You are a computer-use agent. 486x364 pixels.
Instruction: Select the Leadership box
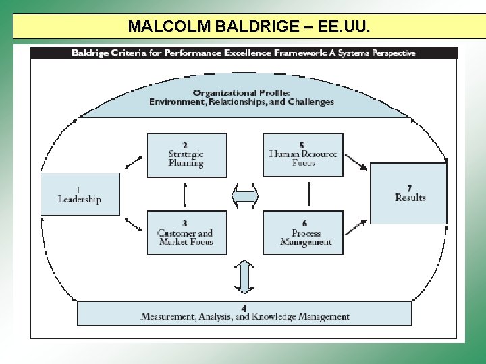pyautogui.click(x=80, y=194)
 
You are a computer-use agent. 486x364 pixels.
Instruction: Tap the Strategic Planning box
pyautogui.click(x=186, y=155)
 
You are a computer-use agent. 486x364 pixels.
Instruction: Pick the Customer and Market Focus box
pyautogui.click(x=186, y=233)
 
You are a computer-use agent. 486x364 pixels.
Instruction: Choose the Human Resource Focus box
pyautogui.click(x=303, y=154)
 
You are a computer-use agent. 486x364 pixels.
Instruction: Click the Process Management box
pyautogui.click(x=303, y=233)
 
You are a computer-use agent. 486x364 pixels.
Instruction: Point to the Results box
pyautogui.click(x=409, y=193)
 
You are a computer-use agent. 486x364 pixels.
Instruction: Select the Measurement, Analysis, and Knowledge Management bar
pyautogui.click(x=244, y=313)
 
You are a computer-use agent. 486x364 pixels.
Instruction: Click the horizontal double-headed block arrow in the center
pyautogui.click(x=245, y=196)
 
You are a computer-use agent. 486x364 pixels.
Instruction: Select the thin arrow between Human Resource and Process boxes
pyautogui.click(x=308, y=194)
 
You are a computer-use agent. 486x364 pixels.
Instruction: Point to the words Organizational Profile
pyautogui.click(x=242, y=93)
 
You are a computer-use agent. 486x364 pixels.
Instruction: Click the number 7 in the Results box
pyautogui.click(x=410, y=188)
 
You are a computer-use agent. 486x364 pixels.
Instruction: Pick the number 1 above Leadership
pyautogui.click(x=78, y=190)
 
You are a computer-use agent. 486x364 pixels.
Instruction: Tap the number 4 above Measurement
pyautogui.click(x=244, y=308)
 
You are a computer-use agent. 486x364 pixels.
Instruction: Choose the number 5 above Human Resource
pyautogui.click(x=302, y=145)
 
